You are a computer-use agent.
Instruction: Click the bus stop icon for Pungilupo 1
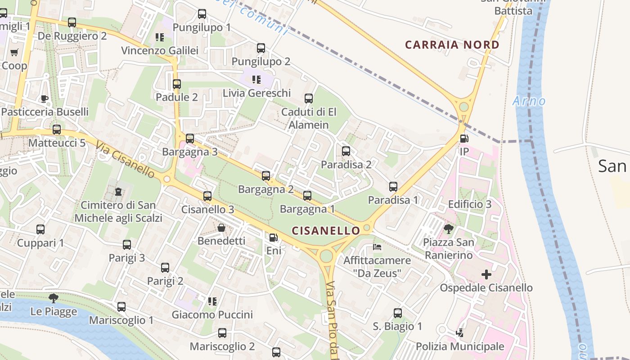point(202,14)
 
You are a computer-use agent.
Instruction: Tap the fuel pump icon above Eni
point(273,237)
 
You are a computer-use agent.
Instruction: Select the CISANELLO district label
point(326,231)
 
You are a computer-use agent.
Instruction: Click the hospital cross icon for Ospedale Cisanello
point(486,274)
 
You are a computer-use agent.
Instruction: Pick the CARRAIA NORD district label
point(452,45)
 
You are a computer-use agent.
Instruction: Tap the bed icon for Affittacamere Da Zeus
point(377,247)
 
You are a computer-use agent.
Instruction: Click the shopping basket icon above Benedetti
point(221,228)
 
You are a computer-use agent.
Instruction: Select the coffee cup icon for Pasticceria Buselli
point(44,99)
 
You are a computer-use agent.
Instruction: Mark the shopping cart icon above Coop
point(14,53)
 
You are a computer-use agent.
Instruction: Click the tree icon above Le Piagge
point(54,297)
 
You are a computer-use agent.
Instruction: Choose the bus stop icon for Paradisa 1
point(393,186)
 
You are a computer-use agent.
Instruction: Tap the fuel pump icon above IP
point(464,139)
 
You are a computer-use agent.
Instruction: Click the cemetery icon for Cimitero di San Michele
point(118,192)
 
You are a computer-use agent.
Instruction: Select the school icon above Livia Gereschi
point(256,80)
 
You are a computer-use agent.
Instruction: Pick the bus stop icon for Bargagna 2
point(266,175)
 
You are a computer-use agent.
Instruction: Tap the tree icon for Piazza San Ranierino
point(448,229)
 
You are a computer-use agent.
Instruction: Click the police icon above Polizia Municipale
point(459,333)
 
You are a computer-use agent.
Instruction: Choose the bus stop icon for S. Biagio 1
point(398,313)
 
